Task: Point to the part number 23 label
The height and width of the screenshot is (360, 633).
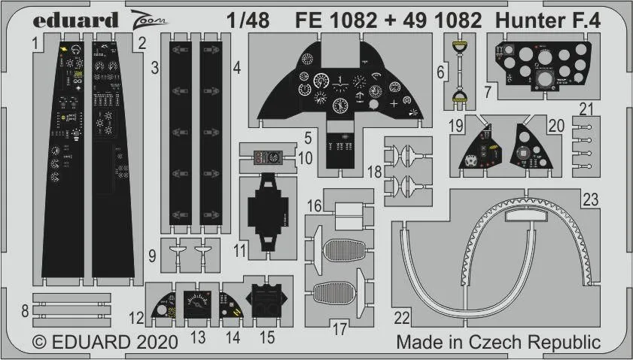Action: (591, 199)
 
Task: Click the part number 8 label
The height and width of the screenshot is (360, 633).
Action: (25, 309)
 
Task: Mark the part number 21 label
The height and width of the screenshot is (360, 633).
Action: (587, 108)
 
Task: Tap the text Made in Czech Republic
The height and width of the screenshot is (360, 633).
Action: (498, 343)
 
